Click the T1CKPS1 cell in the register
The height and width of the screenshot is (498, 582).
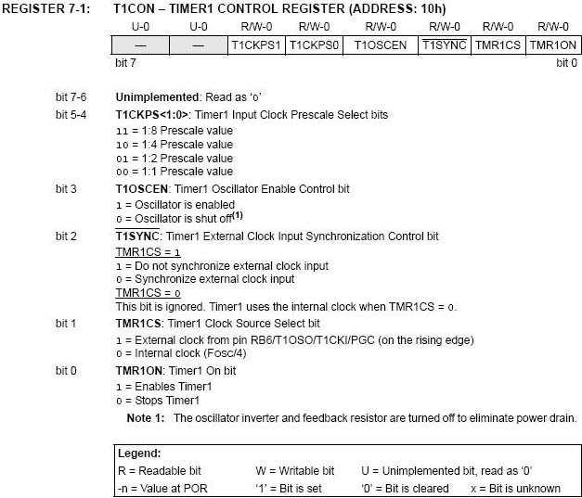[x=256, y=45]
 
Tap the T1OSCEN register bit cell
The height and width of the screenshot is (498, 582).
[x=381, y=45]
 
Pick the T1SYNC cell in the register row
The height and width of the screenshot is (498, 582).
[x=444, y=45]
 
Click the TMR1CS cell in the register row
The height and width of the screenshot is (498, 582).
[x=498, y=45]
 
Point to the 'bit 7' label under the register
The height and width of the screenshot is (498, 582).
[x=126, y=63]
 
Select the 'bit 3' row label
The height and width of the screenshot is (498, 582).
[x=67, y=188]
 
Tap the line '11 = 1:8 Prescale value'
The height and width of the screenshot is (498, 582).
[x=174, y=131]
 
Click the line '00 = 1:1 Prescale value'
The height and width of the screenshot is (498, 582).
[x=174, y=172]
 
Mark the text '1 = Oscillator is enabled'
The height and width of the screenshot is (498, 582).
[x=175, y=204]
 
